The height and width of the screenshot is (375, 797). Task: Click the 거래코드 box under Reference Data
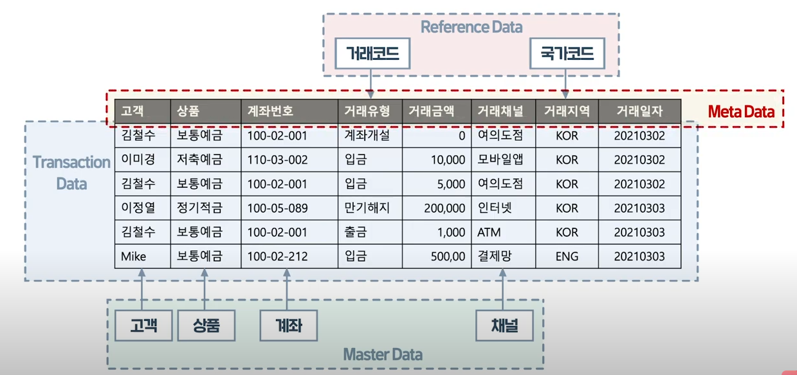coord(372,55)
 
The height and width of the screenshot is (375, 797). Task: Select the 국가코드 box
coord(567,55)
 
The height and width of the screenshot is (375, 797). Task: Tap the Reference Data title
coord(471,27)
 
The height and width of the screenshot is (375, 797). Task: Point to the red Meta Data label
coord(740,111)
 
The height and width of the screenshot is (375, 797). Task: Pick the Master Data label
coord(383,354)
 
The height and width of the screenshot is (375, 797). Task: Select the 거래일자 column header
coord(638,111)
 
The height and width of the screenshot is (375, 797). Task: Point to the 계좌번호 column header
coord(271,111)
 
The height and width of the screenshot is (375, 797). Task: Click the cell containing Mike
coord(134,257)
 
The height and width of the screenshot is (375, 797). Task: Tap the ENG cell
coord(567,257)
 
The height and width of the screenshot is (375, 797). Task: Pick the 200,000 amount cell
coord(444,208)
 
